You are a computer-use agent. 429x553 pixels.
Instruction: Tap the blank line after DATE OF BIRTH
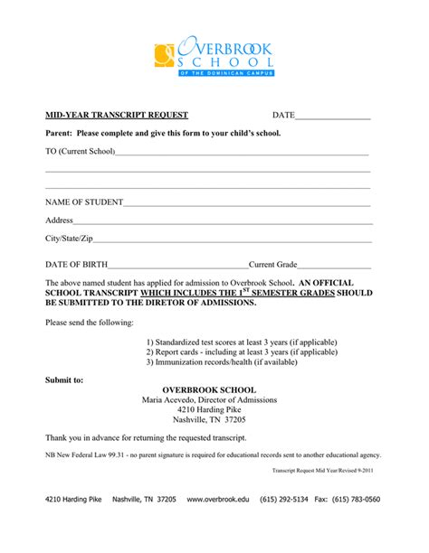point(178,266)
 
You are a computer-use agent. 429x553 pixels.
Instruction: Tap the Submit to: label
point(64,380)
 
